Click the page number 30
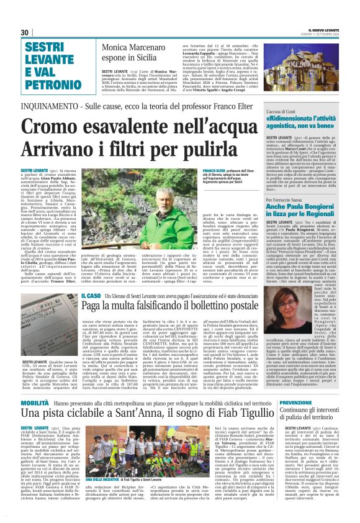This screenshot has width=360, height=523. point(25,32)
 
